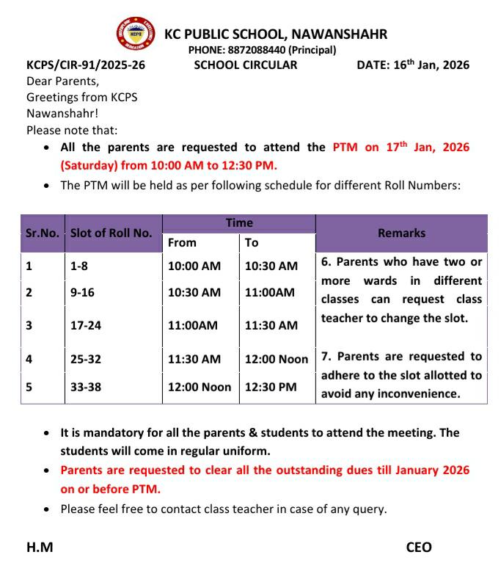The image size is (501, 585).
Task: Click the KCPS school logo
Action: tap(136, 34)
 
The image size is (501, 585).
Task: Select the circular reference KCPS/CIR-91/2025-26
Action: tap(86, 65)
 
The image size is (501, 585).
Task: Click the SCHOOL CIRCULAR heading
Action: tap(246, 65)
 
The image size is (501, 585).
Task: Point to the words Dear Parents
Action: tap(62, 81)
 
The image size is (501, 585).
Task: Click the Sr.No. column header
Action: tap(43, 233)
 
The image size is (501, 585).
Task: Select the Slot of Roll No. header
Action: tap(111, 233)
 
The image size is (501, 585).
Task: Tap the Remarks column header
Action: tap(401, 233)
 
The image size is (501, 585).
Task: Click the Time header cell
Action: tap(239, 223)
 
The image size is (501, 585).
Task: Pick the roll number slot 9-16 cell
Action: tap(83, 292)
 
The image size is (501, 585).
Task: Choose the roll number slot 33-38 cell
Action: tap(86, 387)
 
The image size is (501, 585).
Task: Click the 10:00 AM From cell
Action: tap(194, 266)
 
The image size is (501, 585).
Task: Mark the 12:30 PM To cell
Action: tap(271, 387)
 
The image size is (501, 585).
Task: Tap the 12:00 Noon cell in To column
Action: tap(277, 359)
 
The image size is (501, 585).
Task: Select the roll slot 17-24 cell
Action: tap(86, 325)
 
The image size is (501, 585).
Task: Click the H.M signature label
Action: tap(40, 547)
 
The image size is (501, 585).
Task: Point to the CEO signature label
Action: tap(419, 547)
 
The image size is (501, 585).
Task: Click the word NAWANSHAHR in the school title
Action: tap(340, 34)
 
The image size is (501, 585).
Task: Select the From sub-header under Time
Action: tap(182, 243)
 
